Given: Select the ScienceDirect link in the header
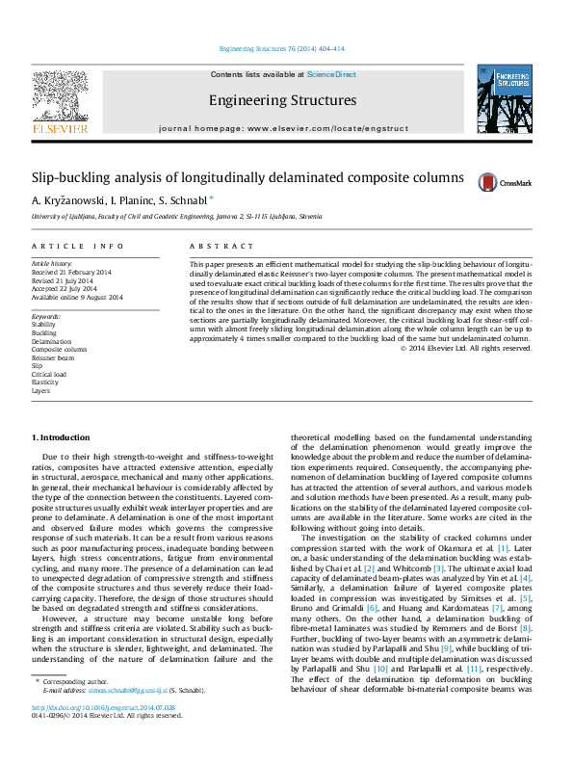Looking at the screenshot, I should [x=331, y=74].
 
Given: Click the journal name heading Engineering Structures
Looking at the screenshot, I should [x=282, y=100].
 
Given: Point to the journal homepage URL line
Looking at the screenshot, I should [x=282, y=127].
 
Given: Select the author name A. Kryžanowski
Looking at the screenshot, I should [x=66, y=201].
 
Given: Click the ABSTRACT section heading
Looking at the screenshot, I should [x=215, y=247].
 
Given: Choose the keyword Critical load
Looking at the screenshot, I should [x=49, y=374].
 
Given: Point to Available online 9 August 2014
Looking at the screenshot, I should [x=77, y=297].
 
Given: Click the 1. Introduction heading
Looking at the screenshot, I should [x=61, y=438].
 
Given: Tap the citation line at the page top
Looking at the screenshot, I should [x=281, y=48].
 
